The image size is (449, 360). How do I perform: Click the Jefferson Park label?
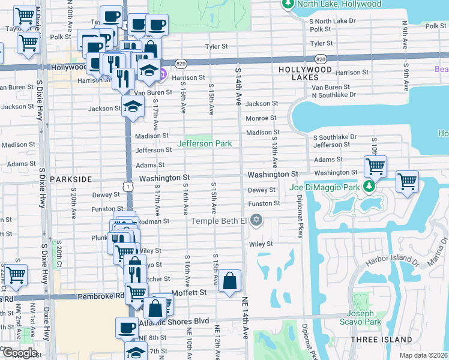point(204,144)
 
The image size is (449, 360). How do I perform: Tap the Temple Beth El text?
point(219,221)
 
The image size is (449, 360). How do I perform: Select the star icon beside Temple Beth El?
point(257,220)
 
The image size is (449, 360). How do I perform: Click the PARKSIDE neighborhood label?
point(71,179)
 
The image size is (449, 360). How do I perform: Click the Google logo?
point(20,353)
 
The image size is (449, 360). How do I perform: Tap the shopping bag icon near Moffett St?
point(230,281)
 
